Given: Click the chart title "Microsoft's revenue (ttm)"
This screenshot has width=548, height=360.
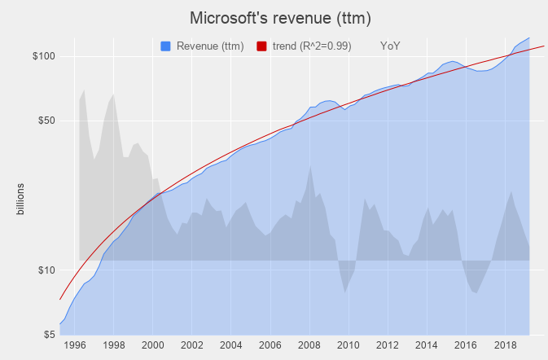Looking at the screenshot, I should (274, 17).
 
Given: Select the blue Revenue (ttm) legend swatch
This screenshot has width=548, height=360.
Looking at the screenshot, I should (166, 46).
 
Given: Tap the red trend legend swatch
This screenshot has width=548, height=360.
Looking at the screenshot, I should (262, 46).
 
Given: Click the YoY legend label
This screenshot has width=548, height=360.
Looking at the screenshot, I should (390, 46).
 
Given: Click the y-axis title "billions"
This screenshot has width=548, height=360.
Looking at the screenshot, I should (21, 200).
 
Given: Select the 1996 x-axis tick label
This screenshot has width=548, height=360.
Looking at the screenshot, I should (75, 345).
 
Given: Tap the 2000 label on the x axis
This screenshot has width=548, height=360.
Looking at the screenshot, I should (153, 345).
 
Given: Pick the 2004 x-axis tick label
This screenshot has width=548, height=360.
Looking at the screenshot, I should (231, 345).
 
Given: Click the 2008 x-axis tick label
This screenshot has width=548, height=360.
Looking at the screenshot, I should (309, 345).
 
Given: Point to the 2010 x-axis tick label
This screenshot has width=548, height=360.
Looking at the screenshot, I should (349, 345).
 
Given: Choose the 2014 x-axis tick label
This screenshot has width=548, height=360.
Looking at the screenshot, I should (427, 345).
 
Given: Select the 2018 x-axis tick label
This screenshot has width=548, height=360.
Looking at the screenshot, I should (505, 345).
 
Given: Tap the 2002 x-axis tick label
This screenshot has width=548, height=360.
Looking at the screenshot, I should (192, 345).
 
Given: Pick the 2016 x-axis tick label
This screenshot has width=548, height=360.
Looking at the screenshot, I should (466, 345).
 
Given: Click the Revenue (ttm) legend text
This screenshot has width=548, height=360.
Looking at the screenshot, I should (209, 46).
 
